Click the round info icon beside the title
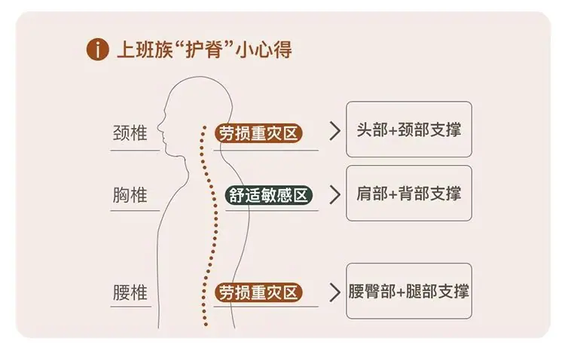click(97, 50)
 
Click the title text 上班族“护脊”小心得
click(204, 50)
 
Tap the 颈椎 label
click(130, 133)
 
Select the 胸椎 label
click(130, 195)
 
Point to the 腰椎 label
click(130, 292)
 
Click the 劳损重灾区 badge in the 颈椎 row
click(258, 133)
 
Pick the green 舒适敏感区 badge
click(268, 195)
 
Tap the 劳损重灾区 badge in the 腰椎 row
click(258, 292)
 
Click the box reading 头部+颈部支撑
click(409, 130)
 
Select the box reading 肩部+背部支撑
click(409, 193)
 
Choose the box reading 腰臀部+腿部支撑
click(409, 291)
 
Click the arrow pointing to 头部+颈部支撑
click(334, 131)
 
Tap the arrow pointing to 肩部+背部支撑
click(334, 195)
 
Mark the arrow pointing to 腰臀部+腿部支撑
click(334, 292)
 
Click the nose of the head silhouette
click(158, 127)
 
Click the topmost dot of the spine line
click(205, 127)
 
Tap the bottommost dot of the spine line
click(206, 325)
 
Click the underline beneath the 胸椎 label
click(135, 210)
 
